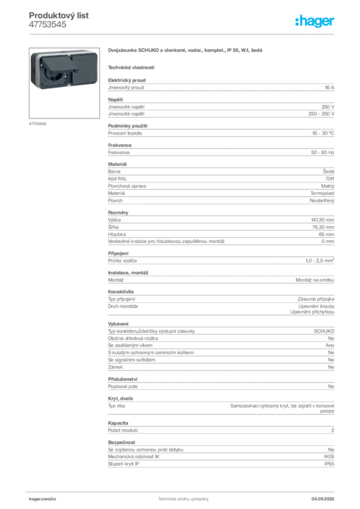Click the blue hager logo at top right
coord(316,22)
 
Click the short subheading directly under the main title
coord(132,67)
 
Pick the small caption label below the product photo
coord(38,123)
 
